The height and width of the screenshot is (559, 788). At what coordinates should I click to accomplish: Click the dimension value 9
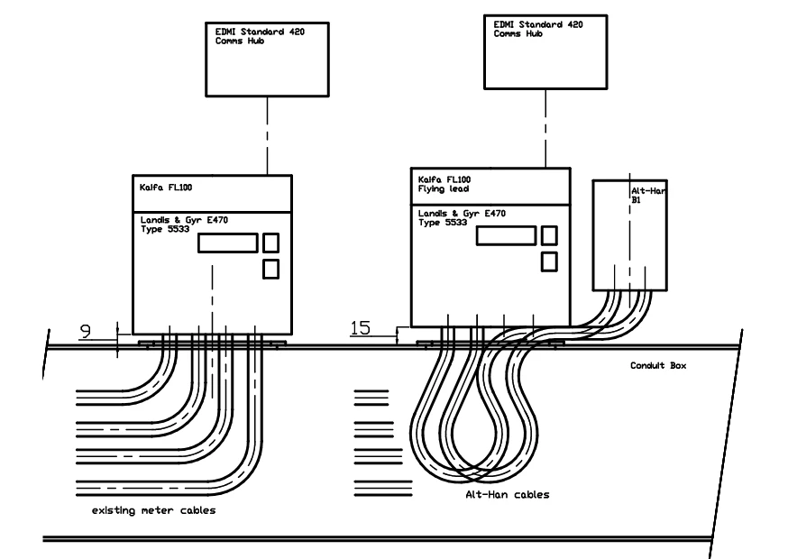point(85,331)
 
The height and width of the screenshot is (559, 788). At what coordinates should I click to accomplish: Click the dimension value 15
point(360,329)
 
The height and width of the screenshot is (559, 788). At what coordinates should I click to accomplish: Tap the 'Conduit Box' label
point(657,367)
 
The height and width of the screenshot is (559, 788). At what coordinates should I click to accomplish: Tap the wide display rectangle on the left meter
point(226,243)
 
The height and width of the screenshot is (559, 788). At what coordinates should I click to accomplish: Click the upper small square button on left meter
point(270,242)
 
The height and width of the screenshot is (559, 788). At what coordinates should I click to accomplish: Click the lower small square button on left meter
point(270,268)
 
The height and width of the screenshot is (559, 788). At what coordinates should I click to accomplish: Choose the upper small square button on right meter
point(548,235)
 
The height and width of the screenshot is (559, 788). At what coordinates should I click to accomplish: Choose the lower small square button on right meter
point(548,261)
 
